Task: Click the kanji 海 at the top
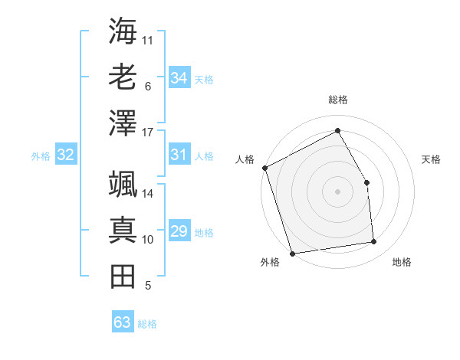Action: point(123,31)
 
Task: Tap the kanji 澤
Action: point(123,123)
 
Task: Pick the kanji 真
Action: point(123,231)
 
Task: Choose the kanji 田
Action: point(123,277)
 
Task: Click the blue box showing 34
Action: point(179,78)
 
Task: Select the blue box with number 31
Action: point(179,155)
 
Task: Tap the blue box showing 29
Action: point(179,231)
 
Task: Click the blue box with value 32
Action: point(66,155)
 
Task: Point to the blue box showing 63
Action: point(123,322)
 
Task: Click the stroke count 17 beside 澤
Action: point(149,133)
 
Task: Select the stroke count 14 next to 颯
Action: point(149,193)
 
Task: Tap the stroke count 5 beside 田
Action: point(148,286)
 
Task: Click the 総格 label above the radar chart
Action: point(338,100)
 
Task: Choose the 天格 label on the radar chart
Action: point(432,159)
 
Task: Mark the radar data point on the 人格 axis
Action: point(265,168)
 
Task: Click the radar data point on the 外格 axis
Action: point(293,253)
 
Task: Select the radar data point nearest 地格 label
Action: point(374,242)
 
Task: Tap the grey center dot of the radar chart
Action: point(338,191)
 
